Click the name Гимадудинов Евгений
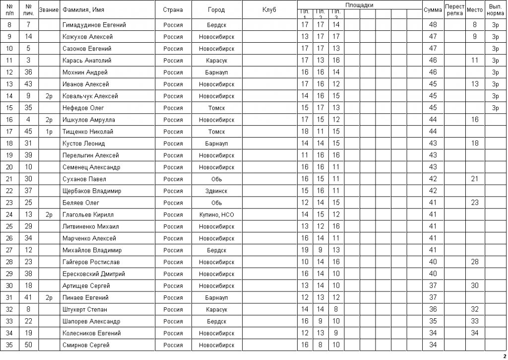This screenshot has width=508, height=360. click(x=94, y=25)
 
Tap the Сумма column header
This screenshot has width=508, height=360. click(x=433, y=10)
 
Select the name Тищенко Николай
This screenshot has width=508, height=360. click(x=88, y=132)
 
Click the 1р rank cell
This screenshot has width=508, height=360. click(x=49, y=132)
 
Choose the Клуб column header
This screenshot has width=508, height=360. click(x=269, y=10)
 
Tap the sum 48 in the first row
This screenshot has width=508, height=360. click(x=433, y=25)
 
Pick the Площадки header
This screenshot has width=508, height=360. click(x=359, y=5)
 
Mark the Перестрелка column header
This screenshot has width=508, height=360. click(x=454, y=10)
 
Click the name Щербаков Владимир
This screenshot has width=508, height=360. click(x=92, y=191)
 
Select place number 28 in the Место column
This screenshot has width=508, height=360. click(x=475, y=262)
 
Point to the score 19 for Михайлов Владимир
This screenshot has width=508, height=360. click(x=305, y=250)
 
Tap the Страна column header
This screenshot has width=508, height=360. click(x=173, y=10)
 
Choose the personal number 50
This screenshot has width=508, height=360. click(x=29, y=345)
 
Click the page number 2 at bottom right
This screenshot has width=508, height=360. click(x=505, y=356)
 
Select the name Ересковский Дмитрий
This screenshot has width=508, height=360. click(x=94, y=274)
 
